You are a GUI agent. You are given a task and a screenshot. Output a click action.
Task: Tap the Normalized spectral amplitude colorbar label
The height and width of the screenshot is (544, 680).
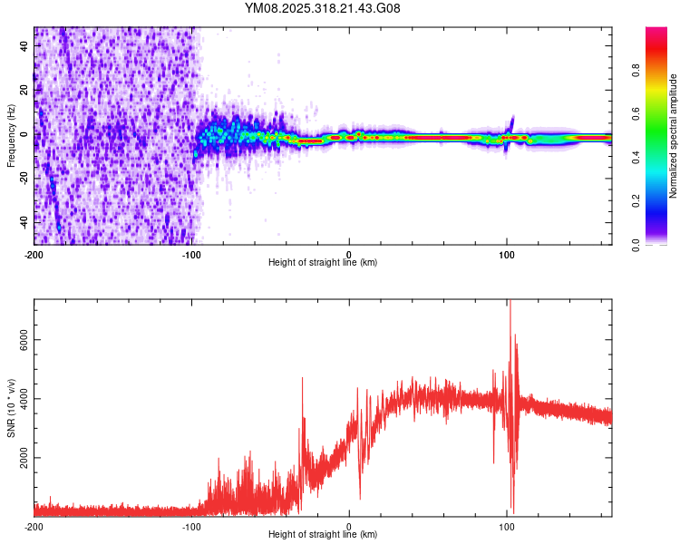click(673, 136)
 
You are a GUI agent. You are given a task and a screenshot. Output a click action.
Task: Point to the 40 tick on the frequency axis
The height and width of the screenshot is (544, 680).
click(25, 46)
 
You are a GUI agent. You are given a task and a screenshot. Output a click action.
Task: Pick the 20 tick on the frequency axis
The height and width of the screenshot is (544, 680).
click(25, 91)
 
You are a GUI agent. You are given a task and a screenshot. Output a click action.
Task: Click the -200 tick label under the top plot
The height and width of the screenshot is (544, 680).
click(34, 253)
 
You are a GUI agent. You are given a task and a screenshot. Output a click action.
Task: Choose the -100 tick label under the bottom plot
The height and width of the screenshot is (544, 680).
click(192, 526)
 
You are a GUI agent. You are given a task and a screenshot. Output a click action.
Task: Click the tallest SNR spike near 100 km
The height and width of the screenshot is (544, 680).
click(510, 303)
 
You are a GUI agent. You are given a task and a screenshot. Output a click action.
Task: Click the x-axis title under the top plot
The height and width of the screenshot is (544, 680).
click(323, 263)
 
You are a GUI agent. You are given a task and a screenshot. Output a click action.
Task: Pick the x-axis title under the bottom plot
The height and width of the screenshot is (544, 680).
click(323, 535)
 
